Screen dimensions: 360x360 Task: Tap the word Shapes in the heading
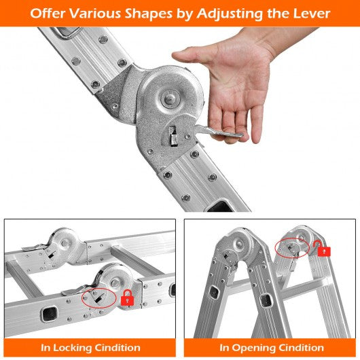tap(148, 14)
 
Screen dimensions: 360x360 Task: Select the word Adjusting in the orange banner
tap(230, 14)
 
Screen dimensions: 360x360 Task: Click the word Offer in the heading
tap(48, 14)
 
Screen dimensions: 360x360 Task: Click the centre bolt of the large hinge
tap(170, 98)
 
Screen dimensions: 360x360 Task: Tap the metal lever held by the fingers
tap(218, 132)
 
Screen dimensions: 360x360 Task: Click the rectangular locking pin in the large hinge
tap(173, 137)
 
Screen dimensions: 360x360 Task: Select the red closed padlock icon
tap(128, 298)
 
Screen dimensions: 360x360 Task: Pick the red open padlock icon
tap(323, 249)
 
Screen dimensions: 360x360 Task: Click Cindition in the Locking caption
tap(118, 348)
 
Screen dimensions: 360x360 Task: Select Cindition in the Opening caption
tap(301, 348)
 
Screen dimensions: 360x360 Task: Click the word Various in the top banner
tap(95, 14)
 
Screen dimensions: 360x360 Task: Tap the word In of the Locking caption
tap(46, 348)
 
